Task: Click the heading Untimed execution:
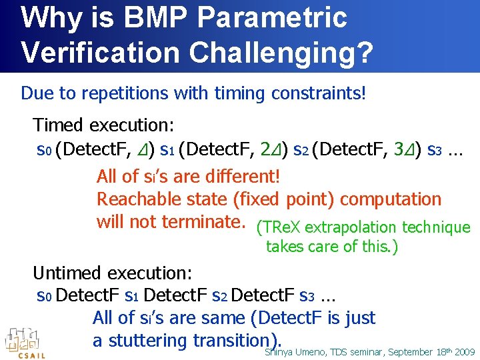(113, 273)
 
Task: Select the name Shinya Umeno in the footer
(294, 351)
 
